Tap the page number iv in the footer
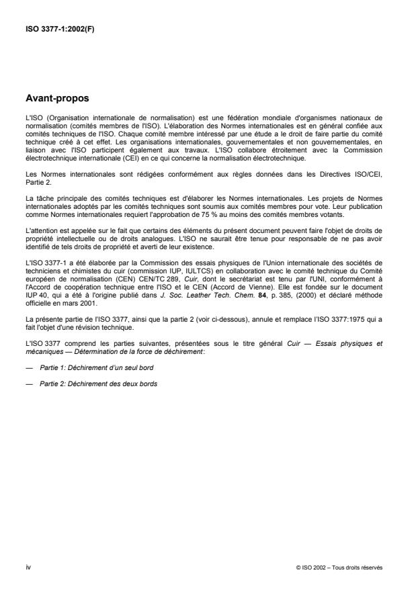pyautogui.click(x=28, y=567)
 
